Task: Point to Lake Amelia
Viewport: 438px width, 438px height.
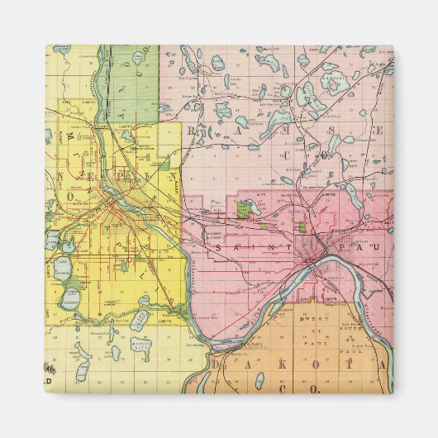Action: pyautogui.click(x=142, y=317)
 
